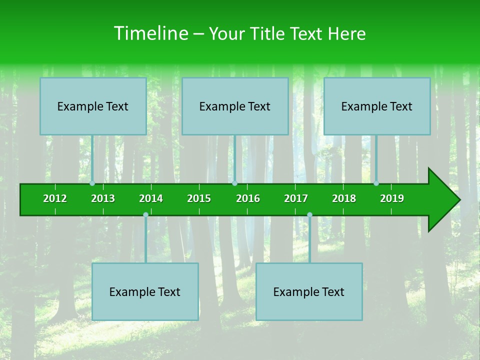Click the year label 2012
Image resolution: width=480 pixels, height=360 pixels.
[x=55, y=198]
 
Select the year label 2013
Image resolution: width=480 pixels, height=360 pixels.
[x=103, y=198]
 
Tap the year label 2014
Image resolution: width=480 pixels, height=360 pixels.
[x=151, y=198]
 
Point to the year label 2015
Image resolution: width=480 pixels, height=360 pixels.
[x=199, y=198]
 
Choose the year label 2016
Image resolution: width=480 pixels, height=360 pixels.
[x=248, y=198]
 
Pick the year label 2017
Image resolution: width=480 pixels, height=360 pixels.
[x=296, y=198]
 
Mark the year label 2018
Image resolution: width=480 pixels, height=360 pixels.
[x=344, y=198]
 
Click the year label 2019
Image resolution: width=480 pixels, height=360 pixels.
[x=392, y=198]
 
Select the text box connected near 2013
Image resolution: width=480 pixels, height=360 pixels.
[x=93, y=106]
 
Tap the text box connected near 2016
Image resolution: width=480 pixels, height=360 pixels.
[x=235, y=106]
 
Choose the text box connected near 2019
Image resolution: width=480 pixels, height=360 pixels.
[x=377, y=106]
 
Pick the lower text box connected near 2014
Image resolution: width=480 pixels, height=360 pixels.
[x=145, y=291]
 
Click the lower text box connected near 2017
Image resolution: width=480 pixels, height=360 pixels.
[x=309, y=291]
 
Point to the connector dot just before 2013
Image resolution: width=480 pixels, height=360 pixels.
[x=92, y=183]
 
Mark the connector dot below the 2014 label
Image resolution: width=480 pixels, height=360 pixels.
[x=145, y=215]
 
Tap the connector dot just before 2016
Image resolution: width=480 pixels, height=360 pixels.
[x=234, y=183]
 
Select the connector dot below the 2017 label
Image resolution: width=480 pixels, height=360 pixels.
[x=309, y=215]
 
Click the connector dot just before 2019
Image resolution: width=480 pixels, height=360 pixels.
[x=376, y=183]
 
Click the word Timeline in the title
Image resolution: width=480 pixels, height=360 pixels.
[x=150, y=33]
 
